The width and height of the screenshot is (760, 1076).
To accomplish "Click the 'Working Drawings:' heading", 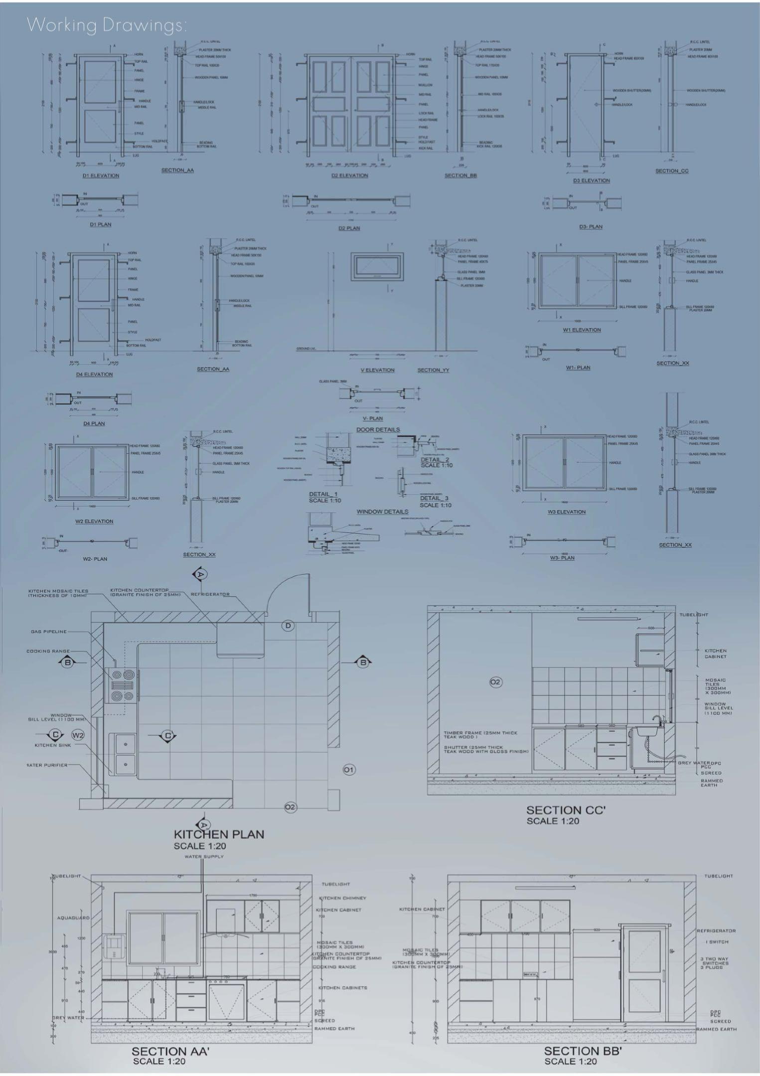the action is tap(107, 25).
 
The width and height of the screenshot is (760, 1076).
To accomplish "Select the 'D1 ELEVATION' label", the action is tap(101, 176).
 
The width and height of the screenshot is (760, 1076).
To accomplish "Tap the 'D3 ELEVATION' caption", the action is tap(591, 180).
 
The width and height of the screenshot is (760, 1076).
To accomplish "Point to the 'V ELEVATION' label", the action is tap(377, 370).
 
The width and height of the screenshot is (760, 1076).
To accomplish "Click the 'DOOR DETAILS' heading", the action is tap(378, 429).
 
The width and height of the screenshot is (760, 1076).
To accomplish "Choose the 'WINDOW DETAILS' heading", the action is tap(382, 512).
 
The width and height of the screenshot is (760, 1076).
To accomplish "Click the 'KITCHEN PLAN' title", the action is tap(219, 834).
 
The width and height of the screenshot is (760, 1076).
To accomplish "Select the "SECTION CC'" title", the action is tap(566, 810).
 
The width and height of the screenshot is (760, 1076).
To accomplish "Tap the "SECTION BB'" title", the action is tap(583, 1051).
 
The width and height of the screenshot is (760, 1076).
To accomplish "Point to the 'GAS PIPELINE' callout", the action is tap(48, 632).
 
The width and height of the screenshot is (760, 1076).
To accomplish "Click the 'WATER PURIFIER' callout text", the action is tap(47, 765).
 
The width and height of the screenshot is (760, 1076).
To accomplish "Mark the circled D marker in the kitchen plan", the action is tap(288, 626).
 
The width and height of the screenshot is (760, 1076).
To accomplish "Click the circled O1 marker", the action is tap(349, 770).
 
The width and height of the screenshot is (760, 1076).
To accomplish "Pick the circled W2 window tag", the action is tap(78, 735).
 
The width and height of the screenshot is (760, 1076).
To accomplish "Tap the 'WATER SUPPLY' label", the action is tap(204, 856).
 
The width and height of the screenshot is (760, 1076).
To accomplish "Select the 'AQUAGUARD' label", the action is tap(73, 918).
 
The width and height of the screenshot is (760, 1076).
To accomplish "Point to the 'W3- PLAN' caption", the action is tap(562, 558).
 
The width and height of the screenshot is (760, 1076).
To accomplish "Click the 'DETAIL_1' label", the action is tap(323, 494).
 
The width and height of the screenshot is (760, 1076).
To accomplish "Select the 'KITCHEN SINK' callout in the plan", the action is tap(53, 745).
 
